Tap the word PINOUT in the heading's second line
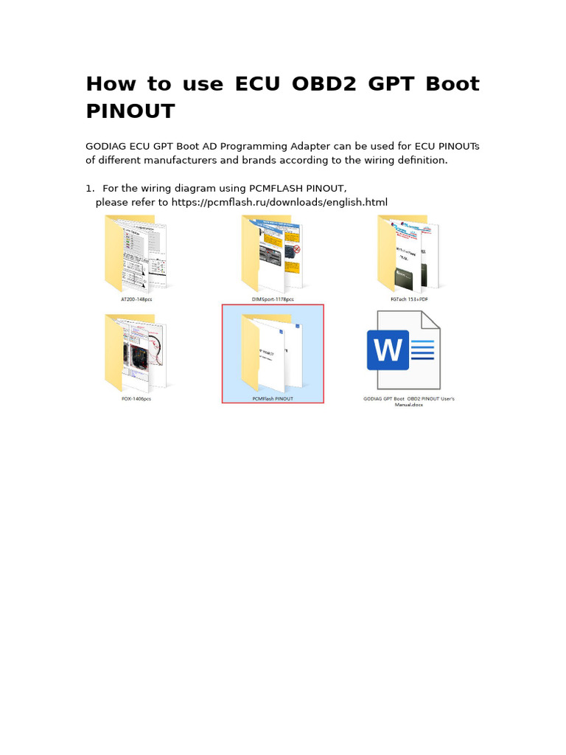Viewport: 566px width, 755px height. click(x=130, y=112)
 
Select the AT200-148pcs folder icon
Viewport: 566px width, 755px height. click(x=136, y=254)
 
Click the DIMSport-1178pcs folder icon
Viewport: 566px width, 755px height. click(x=272, y=254)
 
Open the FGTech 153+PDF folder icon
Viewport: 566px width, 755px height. click(x=408, y=254)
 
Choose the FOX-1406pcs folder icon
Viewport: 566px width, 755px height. click(x=136, y=353)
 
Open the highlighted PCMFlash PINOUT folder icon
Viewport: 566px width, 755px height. click(x=272, y=353)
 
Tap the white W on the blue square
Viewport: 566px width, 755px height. click(x=388, y=350)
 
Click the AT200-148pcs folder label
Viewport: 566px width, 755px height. click(x=136, y=299)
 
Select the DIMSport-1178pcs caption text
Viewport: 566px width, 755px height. click(x=273, y=299)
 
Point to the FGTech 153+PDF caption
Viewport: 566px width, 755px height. click(x=409, y=299)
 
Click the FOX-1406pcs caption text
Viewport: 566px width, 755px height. click(x=136, y=399)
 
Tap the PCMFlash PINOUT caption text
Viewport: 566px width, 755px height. click(x=273, y=399)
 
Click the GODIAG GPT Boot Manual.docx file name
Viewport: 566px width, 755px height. click(x=409, y=402)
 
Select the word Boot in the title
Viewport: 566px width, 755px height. click(x=452, y=84)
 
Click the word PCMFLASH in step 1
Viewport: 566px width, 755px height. click(x=259, y=189)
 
